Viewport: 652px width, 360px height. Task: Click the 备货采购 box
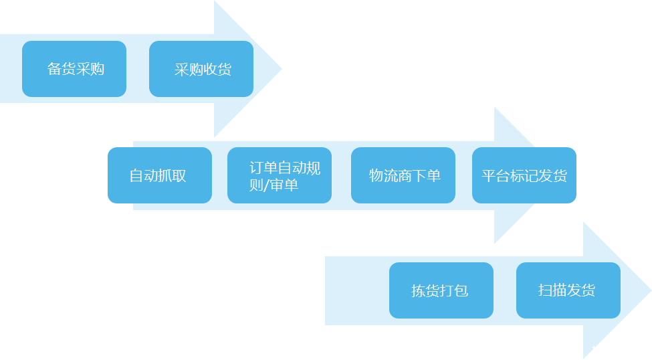tap(74, 69)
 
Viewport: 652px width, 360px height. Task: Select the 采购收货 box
tap(201, 69)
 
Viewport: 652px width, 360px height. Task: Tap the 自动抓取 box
tap(159, 175)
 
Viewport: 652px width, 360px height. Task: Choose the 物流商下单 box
tap(403, 175)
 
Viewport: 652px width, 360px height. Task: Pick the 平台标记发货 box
tap(524, 175)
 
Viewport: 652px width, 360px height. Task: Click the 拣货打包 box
tap(441, 290)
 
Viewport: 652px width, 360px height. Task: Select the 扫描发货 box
tap(568, 290)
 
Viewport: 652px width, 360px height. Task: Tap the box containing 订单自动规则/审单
tap(279, 175)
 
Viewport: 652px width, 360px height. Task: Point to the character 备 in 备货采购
tap(54, 69)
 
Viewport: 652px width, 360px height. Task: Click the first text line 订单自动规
tap(285, 168)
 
